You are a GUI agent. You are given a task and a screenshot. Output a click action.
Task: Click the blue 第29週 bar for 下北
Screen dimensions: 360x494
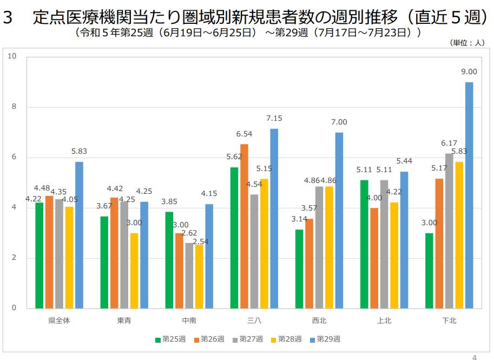469,195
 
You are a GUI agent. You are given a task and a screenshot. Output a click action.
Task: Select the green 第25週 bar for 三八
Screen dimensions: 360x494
234,238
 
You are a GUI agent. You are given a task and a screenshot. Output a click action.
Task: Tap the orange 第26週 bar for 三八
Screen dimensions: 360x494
244,226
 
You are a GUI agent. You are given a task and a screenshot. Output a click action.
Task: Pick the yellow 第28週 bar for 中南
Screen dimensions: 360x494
199,277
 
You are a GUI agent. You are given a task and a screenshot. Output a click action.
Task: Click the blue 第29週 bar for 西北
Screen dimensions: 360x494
339,220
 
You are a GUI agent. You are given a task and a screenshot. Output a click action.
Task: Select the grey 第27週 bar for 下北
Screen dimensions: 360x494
449,231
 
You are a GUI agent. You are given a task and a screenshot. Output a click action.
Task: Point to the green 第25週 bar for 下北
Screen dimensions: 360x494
429,271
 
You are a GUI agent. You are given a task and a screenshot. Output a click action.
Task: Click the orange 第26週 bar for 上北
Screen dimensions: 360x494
374,258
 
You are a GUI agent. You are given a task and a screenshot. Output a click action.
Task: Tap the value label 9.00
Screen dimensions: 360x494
469,71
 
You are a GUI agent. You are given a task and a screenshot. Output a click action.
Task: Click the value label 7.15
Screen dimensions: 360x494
274,118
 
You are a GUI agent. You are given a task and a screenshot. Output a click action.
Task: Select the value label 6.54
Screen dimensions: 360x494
244,134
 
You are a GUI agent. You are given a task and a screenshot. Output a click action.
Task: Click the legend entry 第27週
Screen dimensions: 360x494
248,339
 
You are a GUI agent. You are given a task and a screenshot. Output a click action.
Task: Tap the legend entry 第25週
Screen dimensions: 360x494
170,339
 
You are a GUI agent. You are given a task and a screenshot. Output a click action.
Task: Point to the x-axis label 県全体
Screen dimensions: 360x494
60,320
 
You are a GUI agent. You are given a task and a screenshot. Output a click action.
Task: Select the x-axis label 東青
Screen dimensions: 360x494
124,320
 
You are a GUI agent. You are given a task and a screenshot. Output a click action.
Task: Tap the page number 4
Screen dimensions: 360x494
475,357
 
